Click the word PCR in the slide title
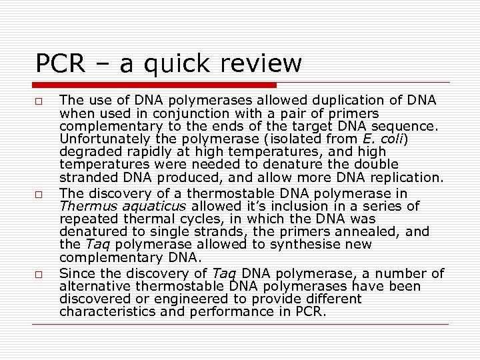click(x=60, y=64)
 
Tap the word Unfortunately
click(x=99, y=139)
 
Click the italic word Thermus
click(x=83, y=206)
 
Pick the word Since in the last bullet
click(x=76, y=273)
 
